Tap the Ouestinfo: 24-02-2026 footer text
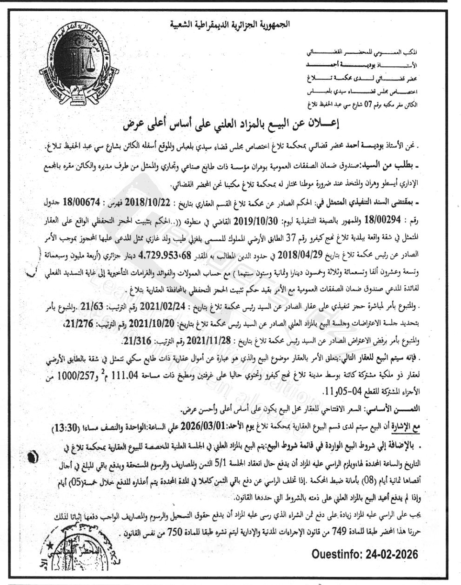365,554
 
